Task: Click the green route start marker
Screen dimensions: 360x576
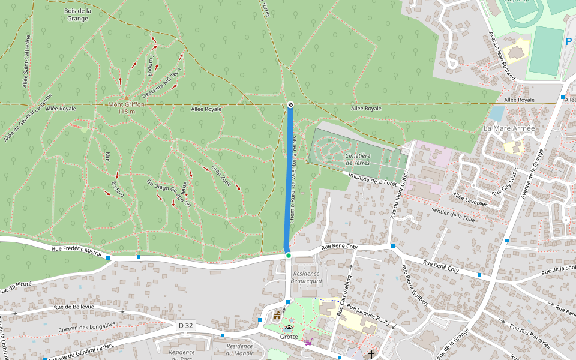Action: pos(288,256)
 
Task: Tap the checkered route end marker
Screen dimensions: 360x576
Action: pos(290,105)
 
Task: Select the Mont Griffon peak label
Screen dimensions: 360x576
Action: pos(126,104)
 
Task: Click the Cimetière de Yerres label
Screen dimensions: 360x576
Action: pos(358,159)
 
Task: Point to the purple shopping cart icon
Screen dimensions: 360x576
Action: pos(308,341)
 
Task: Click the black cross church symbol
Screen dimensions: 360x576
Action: pos(371,355)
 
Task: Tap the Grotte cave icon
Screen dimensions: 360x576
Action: pos(289,329)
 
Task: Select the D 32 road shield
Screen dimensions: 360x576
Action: pos(186,325)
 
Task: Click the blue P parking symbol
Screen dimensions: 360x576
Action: pos(569,42)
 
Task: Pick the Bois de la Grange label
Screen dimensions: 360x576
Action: pos(77,14)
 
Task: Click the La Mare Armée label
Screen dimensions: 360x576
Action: pos(509,129)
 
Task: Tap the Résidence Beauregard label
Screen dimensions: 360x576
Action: pos(306,277)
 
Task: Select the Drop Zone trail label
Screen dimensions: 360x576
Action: pos(221,175)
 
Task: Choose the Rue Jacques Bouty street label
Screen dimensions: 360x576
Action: pos(369,315)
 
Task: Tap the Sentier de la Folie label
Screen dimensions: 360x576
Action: pos(453,215)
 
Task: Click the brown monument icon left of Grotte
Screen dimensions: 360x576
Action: pos(277,315)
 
